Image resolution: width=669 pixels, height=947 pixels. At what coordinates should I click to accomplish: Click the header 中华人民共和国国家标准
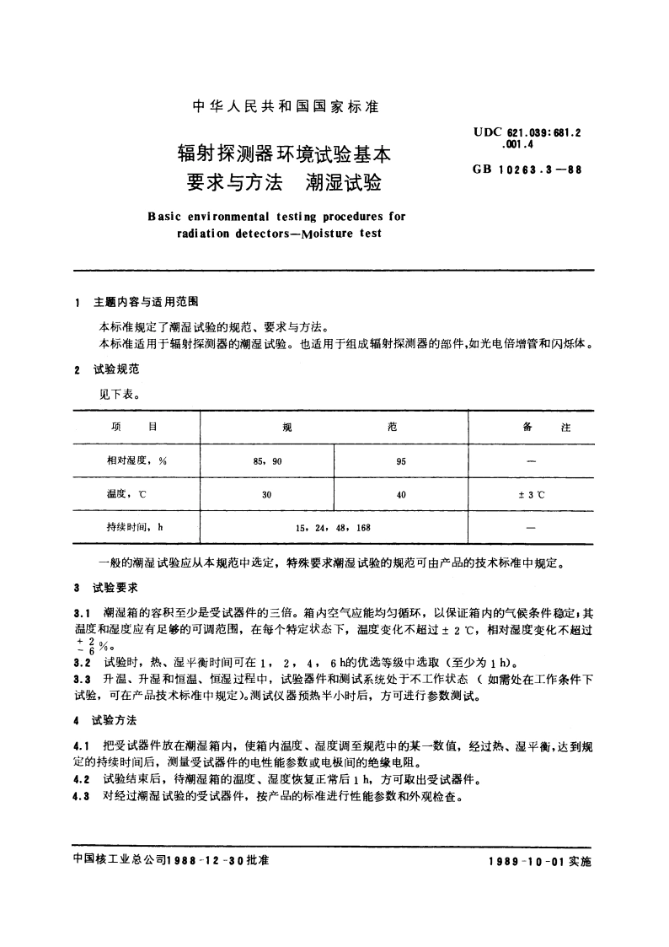[x=286, y=107]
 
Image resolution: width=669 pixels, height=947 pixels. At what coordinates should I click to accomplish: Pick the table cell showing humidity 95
[x=401, y=461]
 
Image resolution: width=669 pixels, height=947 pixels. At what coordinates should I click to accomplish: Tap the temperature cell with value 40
[x=401, y=495]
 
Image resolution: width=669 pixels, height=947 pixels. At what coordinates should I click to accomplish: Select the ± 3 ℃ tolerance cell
[x=531, y=495]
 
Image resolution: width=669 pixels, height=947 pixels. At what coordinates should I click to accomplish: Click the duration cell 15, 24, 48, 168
[x=333, y=528]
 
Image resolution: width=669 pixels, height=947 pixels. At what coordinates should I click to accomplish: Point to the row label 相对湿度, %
[x=136, y=461]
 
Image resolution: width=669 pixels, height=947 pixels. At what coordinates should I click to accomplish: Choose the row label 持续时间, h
[x=134, y=528]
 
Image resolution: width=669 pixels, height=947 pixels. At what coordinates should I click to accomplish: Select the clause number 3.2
[x=83, y=662]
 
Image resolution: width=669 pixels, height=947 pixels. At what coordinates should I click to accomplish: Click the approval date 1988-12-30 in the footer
[x=205, y=862]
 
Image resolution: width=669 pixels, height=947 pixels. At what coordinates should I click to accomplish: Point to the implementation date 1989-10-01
[x=528, y=862]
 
